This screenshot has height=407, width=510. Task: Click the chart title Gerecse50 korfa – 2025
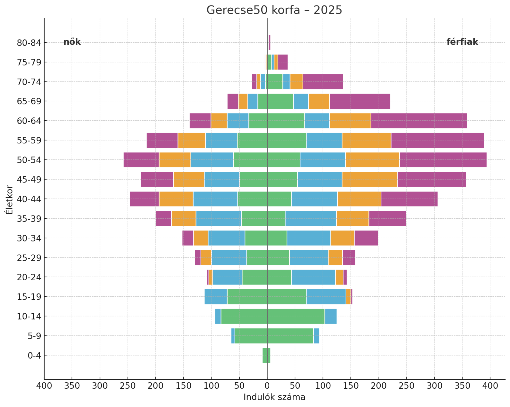click(274, 10)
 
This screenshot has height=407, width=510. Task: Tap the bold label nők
click(72, 42)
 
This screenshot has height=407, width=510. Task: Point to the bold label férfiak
click(462, 42)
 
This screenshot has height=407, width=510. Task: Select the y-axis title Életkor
click(9, 199)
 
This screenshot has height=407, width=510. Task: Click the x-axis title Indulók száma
click(274, 397)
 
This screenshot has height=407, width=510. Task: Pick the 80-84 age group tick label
click(29, 43)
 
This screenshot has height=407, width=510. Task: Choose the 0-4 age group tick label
click(35, 355)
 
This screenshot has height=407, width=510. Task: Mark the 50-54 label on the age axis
click(29, 160)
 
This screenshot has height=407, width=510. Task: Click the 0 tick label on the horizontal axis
click(267, 385)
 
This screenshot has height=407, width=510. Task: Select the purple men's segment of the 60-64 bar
click(419, 121)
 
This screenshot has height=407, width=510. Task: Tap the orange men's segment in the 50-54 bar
click(372, 160)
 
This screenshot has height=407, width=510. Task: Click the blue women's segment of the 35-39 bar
click(219, 219)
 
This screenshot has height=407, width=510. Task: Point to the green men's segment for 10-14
click(296, 316)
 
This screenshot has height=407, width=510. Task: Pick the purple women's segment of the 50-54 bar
click(141, 160)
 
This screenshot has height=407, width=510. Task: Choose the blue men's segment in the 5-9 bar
click(316, 336)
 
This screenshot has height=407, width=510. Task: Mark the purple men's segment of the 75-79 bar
click(283, 62)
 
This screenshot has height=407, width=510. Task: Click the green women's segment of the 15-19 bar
click(247, 297)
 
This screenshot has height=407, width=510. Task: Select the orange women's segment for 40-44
click(176, 199)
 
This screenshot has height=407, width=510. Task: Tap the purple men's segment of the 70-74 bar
click(323, 82)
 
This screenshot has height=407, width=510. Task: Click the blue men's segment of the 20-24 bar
click(313, 277)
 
